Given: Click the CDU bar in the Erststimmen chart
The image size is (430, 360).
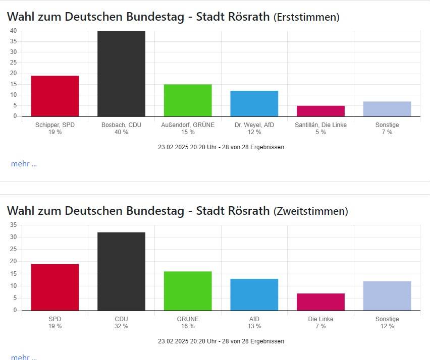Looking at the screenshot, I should click(121, 74).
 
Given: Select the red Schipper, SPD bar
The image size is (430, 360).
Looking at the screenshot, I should click(55, 96).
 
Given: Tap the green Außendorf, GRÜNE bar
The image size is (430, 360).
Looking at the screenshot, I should click(188, 100).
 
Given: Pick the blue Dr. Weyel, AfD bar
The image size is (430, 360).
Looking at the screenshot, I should click(254, 103).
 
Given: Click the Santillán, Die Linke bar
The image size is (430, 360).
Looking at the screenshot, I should click(320, 111).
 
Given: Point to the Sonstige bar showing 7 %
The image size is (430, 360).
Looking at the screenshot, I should click(387, 109).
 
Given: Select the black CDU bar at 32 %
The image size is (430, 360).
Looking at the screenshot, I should click(121, 271).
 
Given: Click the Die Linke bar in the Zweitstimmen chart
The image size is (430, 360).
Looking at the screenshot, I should click(320, 302).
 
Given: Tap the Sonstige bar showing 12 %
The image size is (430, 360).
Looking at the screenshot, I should click(387, 295).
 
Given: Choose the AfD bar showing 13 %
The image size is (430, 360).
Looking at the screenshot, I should click(254, 294).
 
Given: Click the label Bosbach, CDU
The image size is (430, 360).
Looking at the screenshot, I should click(121, 125).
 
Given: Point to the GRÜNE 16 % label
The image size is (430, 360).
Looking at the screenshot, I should click(188, 322).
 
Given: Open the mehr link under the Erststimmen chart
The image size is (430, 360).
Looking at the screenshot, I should click(24, 163).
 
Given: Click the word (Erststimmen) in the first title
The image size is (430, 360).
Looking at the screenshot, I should click(306, 17).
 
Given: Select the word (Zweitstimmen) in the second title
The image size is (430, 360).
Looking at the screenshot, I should click(311, 211).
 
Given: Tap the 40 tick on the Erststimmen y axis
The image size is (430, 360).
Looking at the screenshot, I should click(14, 31).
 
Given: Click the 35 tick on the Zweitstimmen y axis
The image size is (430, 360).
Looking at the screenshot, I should click(14, 225).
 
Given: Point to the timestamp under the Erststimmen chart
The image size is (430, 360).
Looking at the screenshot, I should click(221, 147).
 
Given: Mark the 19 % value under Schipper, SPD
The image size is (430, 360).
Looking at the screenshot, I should click(55, 132).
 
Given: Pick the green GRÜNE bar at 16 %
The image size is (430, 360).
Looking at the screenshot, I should click(188, 291).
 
